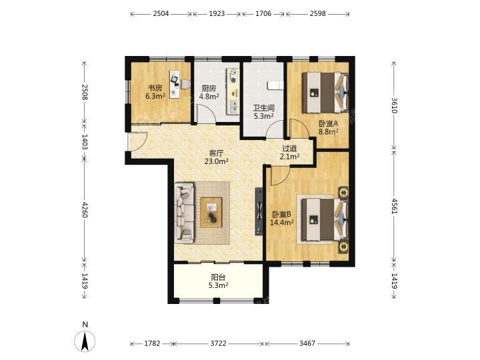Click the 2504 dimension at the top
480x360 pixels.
coord(161,14)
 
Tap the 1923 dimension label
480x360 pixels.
coord(217,14)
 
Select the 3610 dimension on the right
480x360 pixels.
coord(394,105)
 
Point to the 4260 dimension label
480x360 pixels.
coord(85,210)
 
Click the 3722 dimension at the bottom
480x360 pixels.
coord(218,343)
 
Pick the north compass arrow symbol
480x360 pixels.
coord(85,341)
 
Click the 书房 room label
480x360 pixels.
coord(155,88)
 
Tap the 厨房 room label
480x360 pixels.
coord(209,89)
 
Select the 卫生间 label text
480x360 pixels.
coord(263,108)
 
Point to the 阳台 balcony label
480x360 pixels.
coord(219,277)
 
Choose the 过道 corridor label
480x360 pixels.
coord(289,149)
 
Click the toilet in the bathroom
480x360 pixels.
coord(275,85)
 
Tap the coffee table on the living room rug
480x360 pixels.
coord(211,213)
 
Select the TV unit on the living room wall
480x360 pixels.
coord(259,211)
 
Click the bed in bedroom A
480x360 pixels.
coord(325,93)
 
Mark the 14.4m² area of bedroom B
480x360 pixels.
coord(282,223)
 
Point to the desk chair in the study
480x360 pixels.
coord(185,84)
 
